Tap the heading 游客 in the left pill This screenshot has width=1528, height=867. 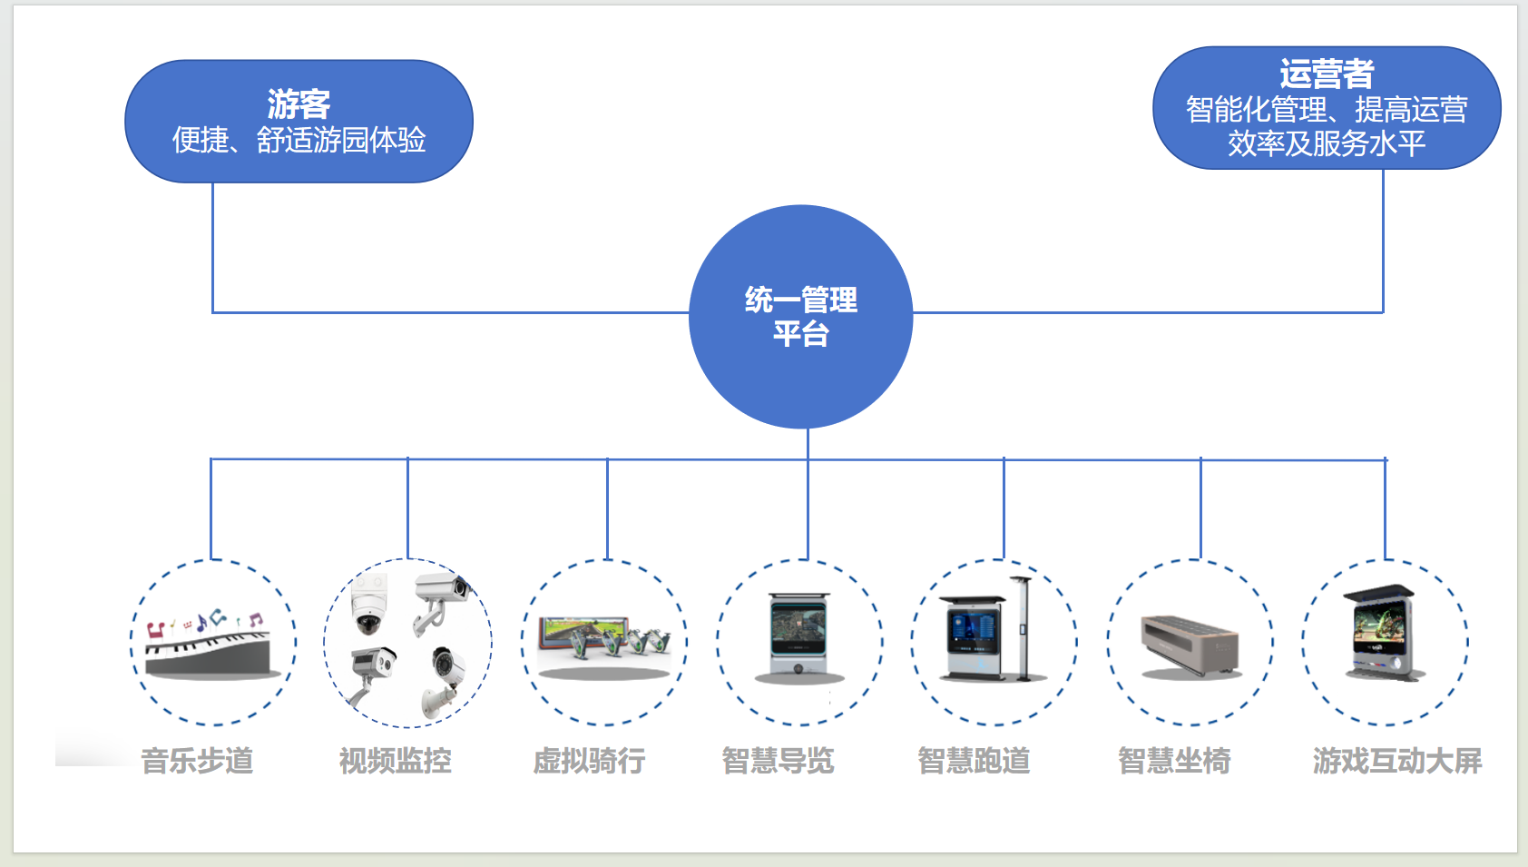[x=299, y=104]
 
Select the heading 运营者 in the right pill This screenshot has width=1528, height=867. [x=1327, y=74]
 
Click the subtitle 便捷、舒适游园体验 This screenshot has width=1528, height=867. [x=299, y=140]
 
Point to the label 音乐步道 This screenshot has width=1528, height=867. [x=197, y=761]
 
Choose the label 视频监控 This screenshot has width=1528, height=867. [x=395, y=761]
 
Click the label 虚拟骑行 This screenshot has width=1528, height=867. [x=589, y=761]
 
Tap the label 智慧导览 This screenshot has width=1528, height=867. [x=778, y=761]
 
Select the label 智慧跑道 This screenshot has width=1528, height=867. [x=974, y=761]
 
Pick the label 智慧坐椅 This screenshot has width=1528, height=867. [x=1174, y=761]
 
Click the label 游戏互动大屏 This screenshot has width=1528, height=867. [x=1396, y=761]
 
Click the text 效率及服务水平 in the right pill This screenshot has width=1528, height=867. [x=1327, y=143]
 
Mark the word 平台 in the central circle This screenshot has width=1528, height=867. [x=800, y=334]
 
